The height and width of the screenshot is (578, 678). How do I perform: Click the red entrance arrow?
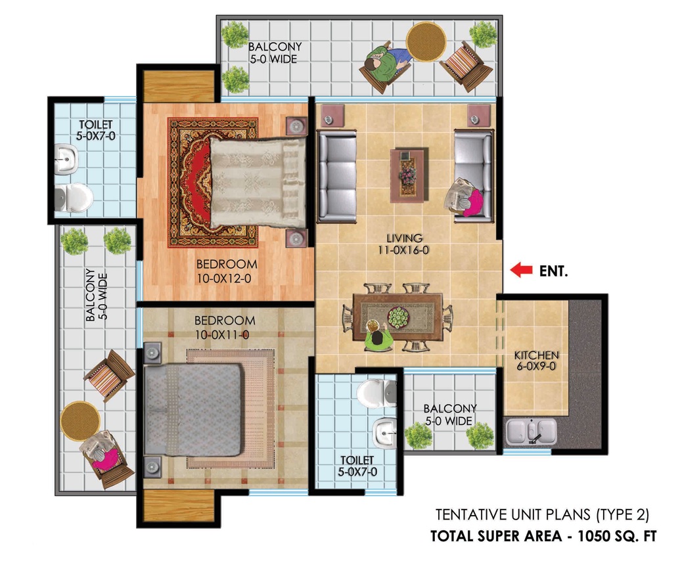tap(521, 270)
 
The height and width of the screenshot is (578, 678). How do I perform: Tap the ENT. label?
tap(553, 271)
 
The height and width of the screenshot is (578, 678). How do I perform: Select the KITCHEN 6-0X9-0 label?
tap(536, 361)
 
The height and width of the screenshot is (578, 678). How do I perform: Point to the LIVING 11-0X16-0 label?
tap(404, 244)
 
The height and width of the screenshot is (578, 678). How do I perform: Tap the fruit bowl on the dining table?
tap(398, 317)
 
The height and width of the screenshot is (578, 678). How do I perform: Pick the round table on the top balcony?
tap(426, 42)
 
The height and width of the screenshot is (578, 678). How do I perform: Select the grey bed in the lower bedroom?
tap(192, 409)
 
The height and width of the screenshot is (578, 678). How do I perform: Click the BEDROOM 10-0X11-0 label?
tap(225, 327)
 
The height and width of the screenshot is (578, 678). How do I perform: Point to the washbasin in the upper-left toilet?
tap(66, 159)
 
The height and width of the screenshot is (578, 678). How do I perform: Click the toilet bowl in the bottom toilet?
tap(376, 393)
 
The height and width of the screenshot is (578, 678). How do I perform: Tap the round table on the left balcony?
tap(80, 421)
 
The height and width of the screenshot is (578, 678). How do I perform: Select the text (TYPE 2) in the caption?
tap(623, 514)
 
